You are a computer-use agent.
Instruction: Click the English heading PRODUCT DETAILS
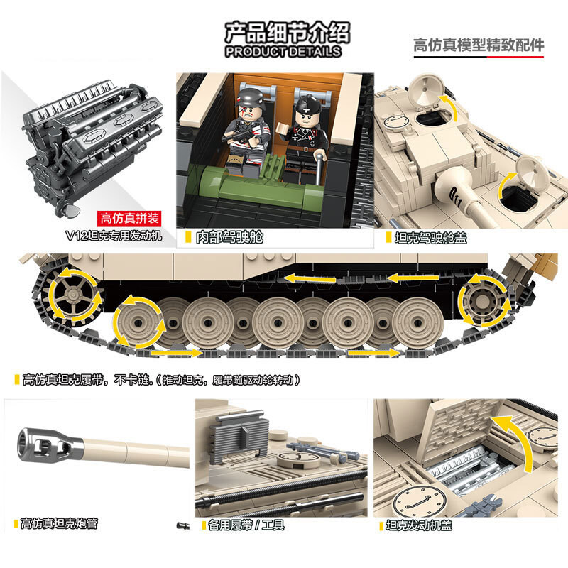(283, 51)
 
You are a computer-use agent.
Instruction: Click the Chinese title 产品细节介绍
(283, 32)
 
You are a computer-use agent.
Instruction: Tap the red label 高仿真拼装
(129, 218)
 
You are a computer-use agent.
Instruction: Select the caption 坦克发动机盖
(419, 525)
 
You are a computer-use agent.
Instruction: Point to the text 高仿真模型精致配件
(479, 45)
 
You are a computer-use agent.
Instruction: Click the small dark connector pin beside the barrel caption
(181, 525)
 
